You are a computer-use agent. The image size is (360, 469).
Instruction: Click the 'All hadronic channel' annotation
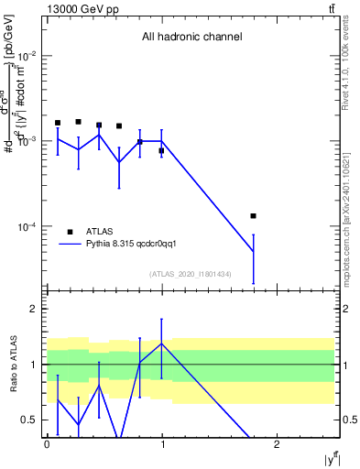click(191, 38)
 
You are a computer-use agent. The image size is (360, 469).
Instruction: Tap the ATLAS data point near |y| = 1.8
click(253, 216)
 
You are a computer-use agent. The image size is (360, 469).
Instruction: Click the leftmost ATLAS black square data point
click(58, 123)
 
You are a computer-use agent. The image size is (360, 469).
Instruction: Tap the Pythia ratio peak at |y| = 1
click(161, 344)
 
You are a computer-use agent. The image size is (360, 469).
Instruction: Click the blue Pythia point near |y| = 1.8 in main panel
click(253, 252)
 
